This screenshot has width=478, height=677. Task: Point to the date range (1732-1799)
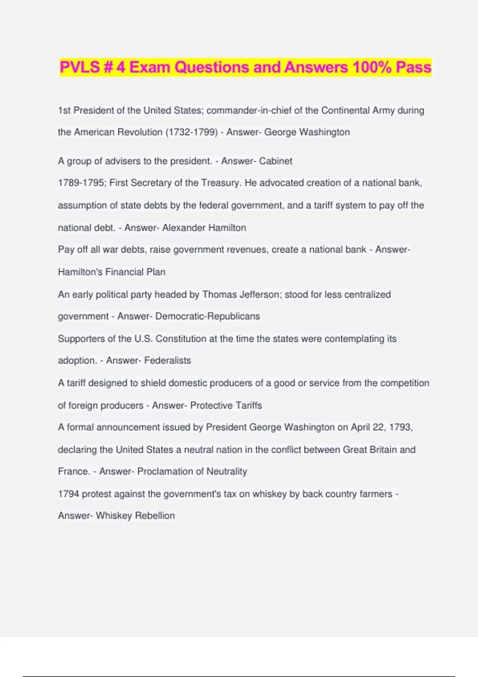pyautogui.click(x=191, y=132)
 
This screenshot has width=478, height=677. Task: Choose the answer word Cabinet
pyautogui.click(x=276, y=161)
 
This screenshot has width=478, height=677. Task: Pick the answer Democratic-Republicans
pyautogui.click(x=208, y=316)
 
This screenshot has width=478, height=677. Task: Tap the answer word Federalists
pyautogui.click(x=167, y=360)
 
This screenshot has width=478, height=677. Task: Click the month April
pyautogui.click(x=360, y=427)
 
